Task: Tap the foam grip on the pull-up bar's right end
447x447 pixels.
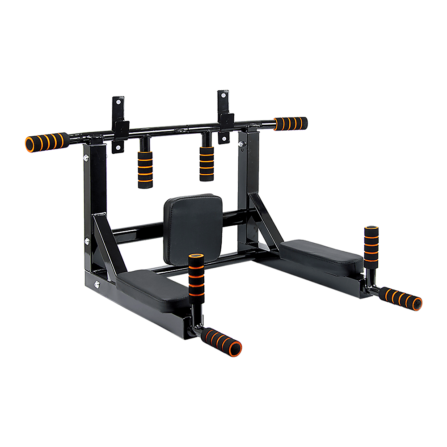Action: pos(291,123)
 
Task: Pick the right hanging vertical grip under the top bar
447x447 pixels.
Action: pos(207,163)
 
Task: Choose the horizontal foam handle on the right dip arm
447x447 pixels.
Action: pos(400,299)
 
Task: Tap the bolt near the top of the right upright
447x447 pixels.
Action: pos(240,144)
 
